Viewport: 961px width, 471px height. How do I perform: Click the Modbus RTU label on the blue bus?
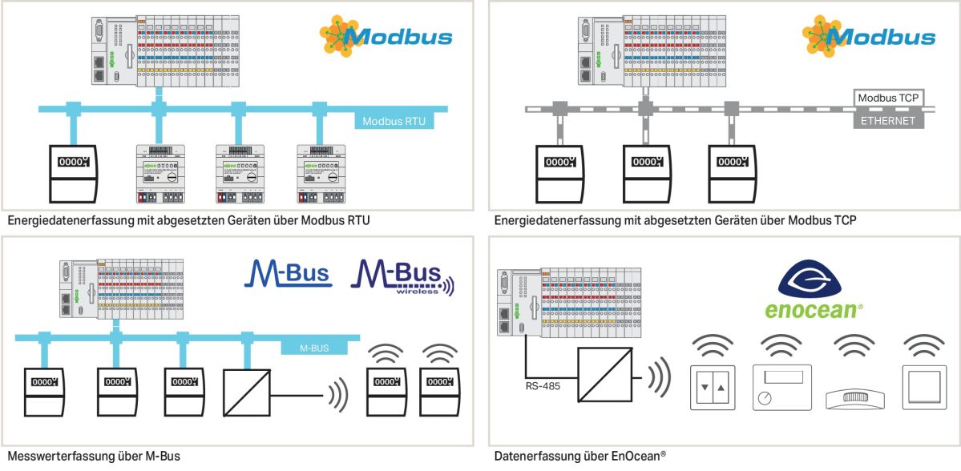tap(393, 122)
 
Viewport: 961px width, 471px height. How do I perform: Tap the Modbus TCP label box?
tap(887, 98)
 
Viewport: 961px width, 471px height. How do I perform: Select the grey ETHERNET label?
tap(887, 121)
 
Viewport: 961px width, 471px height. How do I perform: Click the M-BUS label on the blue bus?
tap(315, 348)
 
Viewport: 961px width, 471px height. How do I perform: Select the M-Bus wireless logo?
tap(402, 277)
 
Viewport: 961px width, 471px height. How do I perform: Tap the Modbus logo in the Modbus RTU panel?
tap(386, 35)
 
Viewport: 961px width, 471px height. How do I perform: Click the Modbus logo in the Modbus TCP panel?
tap(869, 35)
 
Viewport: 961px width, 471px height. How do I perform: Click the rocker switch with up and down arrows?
tap(712, 387)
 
